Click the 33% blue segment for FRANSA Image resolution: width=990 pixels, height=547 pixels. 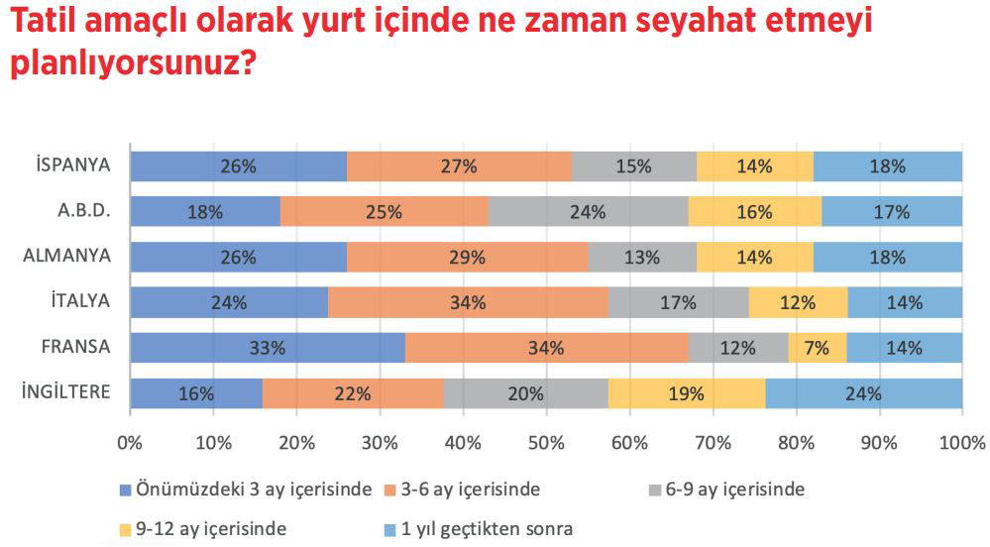[x=268, y=348]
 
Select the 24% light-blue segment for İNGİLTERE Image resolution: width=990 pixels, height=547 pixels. [x=864, y=393]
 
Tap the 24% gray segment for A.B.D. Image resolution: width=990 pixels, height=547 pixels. [x=589, y=212]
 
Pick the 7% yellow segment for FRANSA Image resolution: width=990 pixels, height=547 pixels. [x=818, y=348]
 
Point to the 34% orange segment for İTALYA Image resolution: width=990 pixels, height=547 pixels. [x=468, y=302]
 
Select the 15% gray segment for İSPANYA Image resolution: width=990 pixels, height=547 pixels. [x=634, y=166]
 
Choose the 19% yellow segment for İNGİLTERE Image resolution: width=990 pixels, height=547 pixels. [x=687, y=393]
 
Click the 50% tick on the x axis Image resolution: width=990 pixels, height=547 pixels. [x=546, y=441]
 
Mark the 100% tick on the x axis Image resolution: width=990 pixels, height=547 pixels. [x=959, y=441]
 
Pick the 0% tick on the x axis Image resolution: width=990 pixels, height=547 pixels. [x=130, y=441]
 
